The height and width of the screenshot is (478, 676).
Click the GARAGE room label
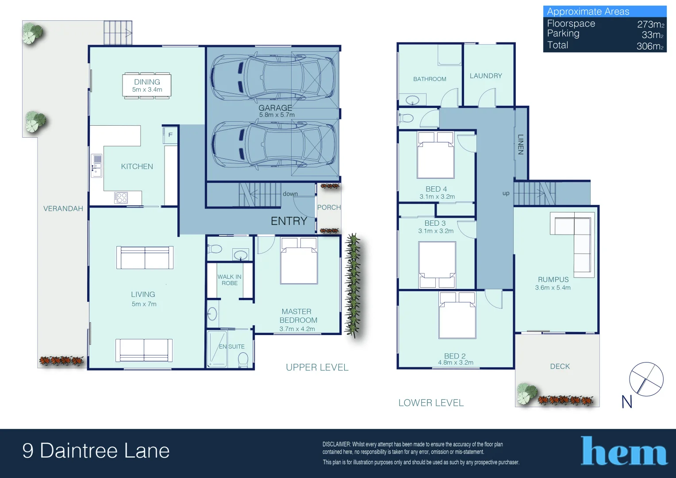tap(275, 108)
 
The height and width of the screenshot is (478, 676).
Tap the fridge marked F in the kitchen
tap(170, 135)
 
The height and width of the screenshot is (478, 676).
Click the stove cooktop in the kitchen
tap(121, 197)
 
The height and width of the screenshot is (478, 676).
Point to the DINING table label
tap(147, 82)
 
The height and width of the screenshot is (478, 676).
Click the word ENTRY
tap(288, 221)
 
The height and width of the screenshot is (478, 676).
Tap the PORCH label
tap(329, 207)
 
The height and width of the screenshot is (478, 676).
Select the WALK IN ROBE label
tap(229, 280)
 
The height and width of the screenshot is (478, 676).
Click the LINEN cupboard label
tap(521, 144)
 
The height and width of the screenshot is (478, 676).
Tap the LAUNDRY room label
tap(485, 76)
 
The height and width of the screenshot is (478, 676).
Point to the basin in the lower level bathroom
tap(412, 100)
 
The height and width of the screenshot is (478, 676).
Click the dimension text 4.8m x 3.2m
tap(455, 362)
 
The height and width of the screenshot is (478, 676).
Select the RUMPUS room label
tap(553, 279)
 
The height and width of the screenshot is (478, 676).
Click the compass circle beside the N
tap(646, 379)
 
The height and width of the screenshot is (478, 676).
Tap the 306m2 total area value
tap(650, 46)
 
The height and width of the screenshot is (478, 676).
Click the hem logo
tap(623, 451)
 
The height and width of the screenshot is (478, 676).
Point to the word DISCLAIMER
tap(336, 444)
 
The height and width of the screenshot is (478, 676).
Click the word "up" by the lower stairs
tap(506, 193)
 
